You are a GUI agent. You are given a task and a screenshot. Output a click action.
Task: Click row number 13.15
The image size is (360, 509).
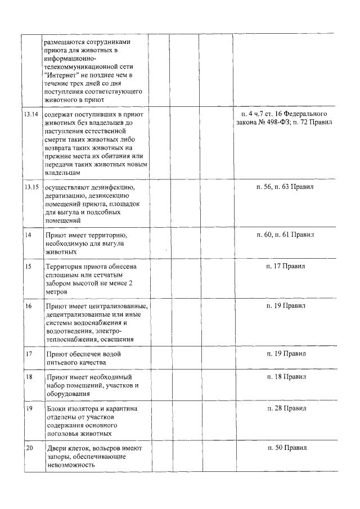[31, 186]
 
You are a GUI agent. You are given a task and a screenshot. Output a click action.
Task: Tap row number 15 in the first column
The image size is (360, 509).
[28, 266]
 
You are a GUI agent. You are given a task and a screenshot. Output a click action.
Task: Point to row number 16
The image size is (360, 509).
[28, 306]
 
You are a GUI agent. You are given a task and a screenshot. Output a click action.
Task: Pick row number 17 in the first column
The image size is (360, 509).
[28, 354]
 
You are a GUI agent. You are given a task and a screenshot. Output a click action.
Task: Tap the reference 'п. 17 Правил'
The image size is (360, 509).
[286, 266]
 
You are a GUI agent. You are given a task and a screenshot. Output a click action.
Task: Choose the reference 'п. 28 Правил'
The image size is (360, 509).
[286, 408]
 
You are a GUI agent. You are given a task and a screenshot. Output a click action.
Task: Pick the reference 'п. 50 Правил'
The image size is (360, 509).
[286, 448]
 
